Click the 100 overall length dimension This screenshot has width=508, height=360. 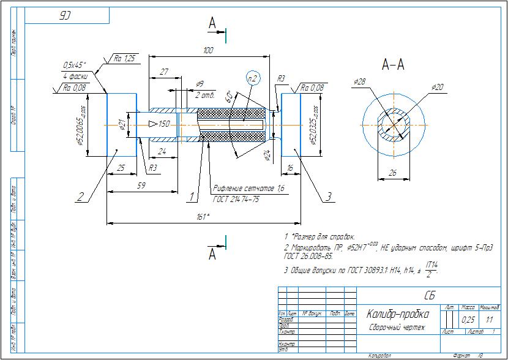pos(209,50)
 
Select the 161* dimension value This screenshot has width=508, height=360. pos(203,217)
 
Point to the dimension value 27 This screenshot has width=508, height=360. pos(163,72)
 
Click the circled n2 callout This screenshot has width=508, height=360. pos(253,78)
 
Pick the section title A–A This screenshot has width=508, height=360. pos(393,64)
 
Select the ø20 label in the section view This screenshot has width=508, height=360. pos(437,88)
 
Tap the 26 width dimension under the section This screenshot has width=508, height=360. pos(392,173)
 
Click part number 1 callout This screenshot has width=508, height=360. pos(192,197)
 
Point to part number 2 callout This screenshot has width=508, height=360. pos(80,197)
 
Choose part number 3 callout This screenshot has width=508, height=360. pos(328,197)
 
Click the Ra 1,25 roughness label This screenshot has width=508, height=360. pos(124,59)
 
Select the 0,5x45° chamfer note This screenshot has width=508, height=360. pos(74,65)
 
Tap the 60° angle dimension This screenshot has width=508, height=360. pos(229,97)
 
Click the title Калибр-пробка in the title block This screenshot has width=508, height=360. pos(398,314)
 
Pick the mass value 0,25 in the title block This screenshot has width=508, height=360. pos(468,320)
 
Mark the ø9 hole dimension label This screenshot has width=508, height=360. pos(200,84)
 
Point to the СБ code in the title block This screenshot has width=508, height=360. pos(429,296)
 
